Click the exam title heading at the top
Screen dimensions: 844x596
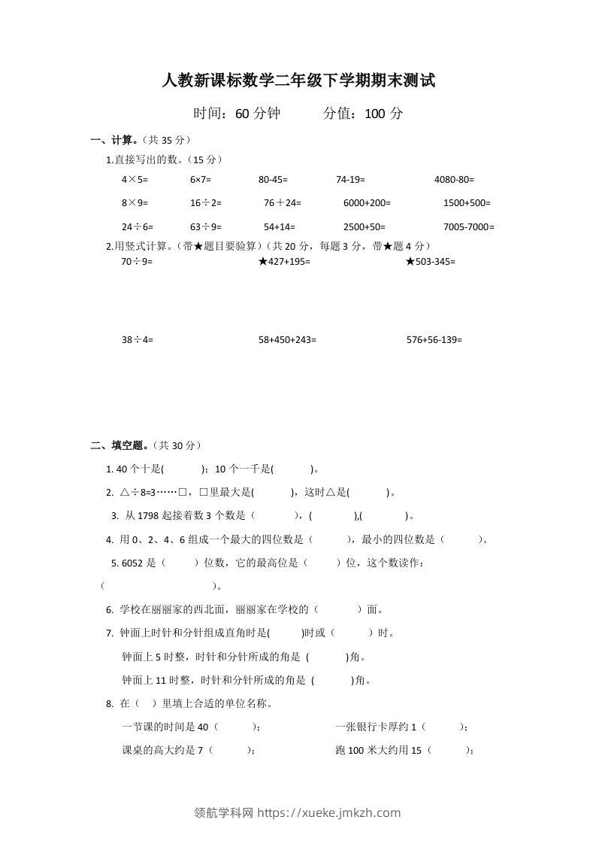point(298,80)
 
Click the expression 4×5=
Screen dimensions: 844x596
point(135,180)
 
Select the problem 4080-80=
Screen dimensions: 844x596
point(454,180)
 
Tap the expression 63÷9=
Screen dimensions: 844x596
point(206,226)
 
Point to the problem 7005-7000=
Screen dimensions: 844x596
point(469,226)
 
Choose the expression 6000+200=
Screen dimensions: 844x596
point(367,203)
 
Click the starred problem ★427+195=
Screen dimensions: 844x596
point(284,261)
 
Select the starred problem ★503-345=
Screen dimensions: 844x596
point(431,261)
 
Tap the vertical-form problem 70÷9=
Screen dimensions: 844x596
point(137,261)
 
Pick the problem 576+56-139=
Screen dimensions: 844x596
point(434,339)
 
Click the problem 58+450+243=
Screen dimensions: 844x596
point(287,339)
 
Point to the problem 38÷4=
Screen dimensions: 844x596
point(137,339)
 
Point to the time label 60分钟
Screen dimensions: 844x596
point(258,114)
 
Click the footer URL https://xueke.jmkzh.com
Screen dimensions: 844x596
point(329,812)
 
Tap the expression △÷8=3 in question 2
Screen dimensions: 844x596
point(137,493)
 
